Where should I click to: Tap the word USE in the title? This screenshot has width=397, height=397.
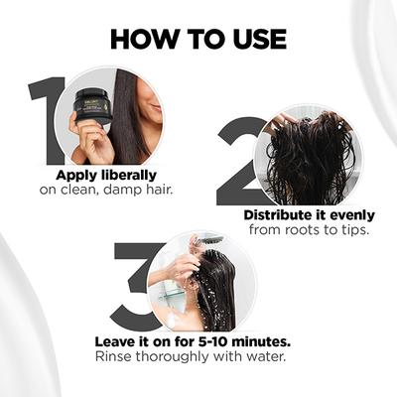(254, 39)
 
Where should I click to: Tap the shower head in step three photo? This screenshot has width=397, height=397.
(209, 241)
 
